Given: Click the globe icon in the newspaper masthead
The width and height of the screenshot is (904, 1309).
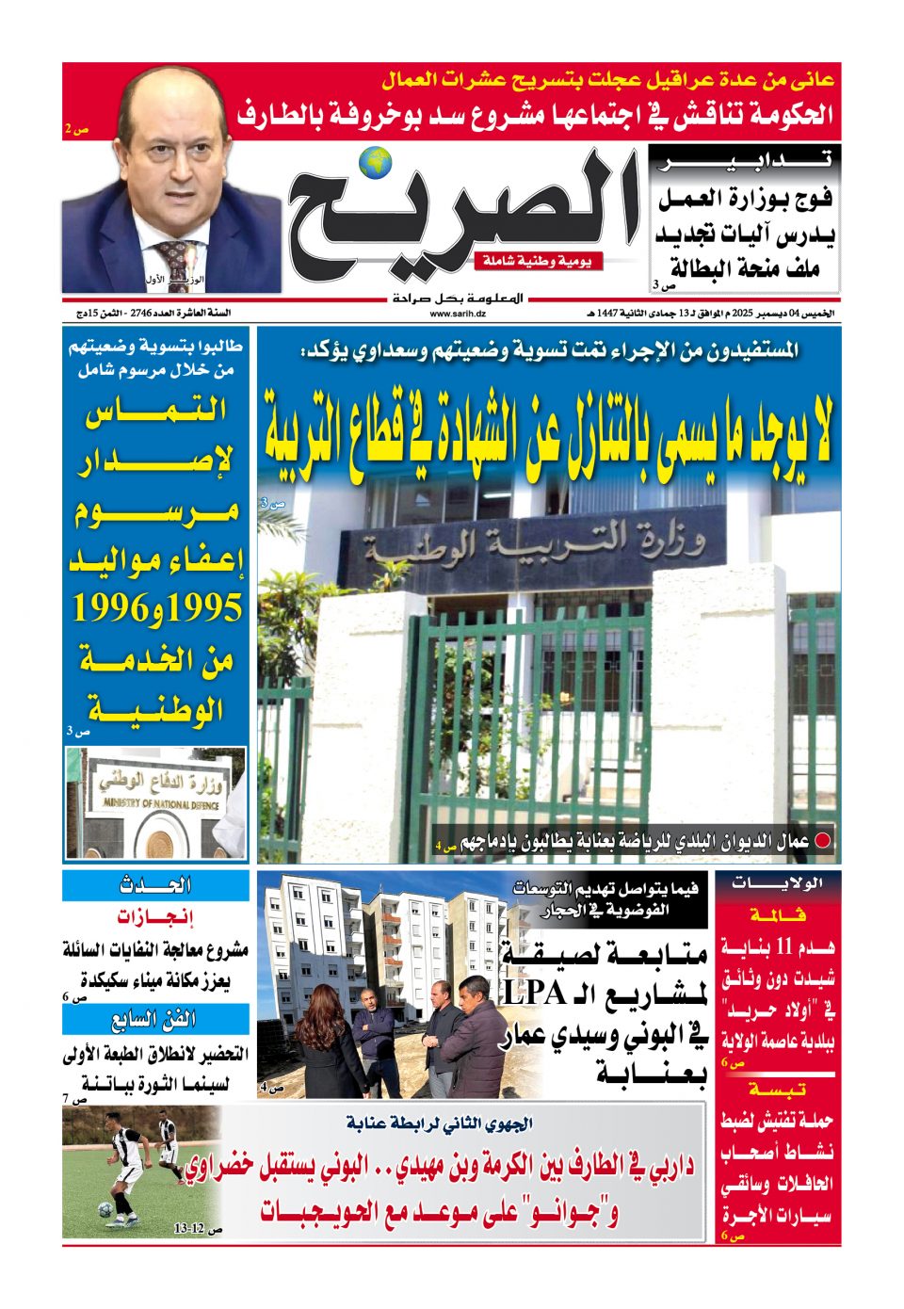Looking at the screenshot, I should pos(379,162).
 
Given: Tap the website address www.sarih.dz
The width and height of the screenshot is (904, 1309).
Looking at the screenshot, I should pos(459,314).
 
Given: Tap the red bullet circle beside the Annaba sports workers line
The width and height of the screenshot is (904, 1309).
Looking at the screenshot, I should pos(822,841).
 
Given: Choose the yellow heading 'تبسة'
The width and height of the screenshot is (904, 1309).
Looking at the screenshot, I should pos(778,1090).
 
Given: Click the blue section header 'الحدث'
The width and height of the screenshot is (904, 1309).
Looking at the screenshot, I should pos(156,885).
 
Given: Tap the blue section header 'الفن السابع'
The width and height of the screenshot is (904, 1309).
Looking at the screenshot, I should pos(154,1019).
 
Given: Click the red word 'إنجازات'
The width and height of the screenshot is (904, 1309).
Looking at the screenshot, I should pos(154,917).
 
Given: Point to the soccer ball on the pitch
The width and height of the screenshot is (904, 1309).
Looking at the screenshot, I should pos(105,1209).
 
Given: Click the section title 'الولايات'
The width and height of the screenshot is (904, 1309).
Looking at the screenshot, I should pos(778,883).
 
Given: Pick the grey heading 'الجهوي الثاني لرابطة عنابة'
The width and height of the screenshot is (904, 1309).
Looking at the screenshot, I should pos(439,1123).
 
